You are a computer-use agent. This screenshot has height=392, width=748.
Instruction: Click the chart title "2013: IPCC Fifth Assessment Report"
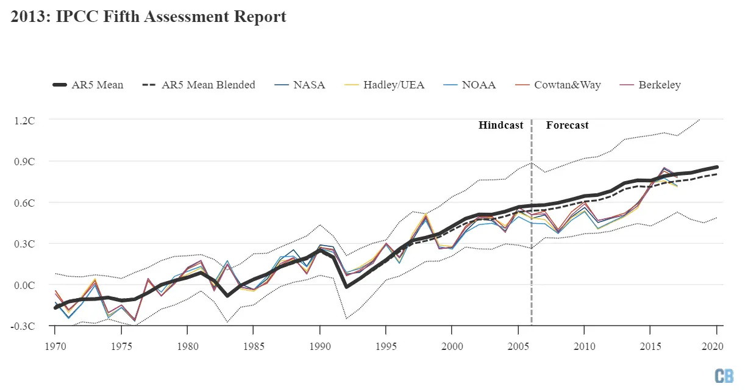pos(148,17)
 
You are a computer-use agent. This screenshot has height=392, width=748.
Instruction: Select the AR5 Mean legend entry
pos(87,85)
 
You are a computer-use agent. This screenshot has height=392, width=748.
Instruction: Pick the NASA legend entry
pos(299,85)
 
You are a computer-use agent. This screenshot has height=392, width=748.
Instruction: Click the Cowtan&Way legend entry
pos(557,85)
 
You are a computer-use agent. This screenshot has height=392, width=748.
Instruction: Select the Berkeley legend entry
pos(649,85)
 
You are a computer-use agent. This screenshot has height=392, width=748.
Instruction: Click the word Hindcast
pos(500,125)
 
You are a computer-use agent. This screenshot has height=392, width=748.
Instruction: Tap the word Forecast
pos(567,125)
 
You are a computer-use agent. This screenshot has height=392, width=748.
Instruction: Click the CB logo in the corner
pos(724,376)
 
